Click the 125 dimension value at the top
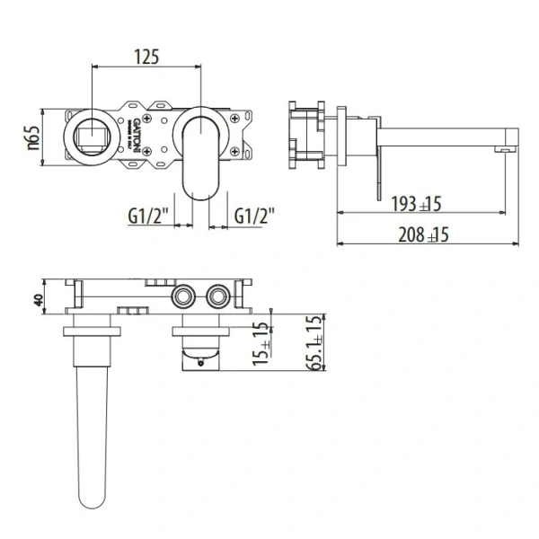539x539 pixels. (146, 56)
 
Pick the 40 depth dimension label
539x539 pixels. (38, 299)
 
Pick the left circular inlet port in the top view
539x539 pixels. (185, 296)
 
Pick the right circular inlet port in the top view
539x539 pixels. (217, 296)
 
